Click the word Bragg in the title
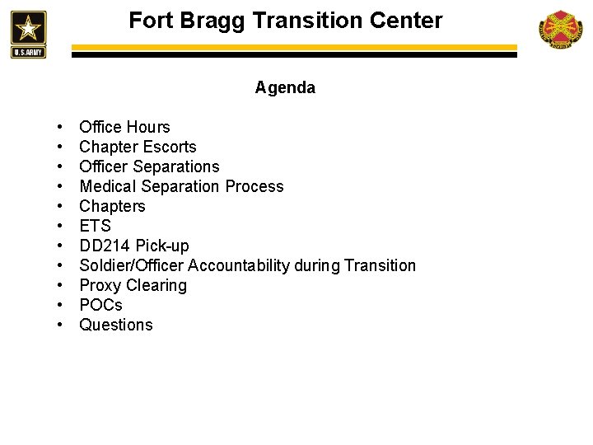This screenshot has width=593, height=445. tap(212, 20)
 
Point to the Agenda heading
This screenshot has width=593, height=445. tap(285, 87)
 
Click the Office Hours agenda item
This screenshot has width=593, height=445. tap(124, 127)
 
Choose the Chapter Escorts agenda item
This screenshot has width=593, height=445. tap(138, 147)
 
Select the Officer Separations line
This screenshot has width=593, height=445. tap(149, 166)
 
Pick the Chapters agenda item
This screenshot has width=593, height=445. tap(112, 206)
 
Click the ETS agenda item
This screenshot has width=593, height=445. tap(95, 226)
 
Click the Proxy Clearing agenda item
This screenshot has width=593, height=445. tap(133, 285)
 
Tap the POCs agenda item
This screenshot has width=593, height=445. tap(100, 305)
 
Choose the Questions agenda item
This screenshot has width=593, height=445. tap(116, 325)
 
